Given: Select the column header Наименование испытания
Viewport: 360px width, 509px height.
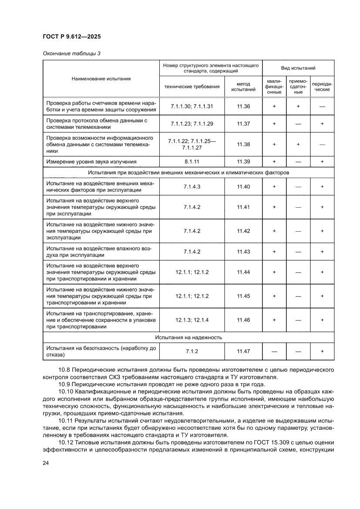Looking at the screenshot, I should click(x=101, y=79).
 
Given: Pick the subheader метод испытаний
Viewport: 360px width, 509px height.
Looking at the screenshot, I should click(x=243, y=86).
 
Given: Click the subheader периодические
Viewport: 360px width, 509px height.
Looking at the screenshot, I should click(x=322, y=86).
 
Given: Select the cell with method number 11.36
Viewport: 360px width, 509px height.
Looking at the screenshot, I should click(x=243, y=106).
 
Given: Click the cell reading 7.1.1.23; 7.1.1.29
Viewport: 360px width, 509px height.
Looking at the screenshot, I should click(x=192, y=124).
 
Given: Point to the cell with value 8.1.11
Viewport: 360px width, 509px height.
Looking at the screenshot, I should click(x=192, y=162).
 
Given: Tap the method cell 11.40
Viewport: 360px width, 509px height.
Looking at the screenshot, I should click(x=243, y=186).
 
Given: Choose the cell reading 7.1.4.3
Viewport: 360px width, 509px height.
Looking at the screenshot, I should click(x=192, y=186).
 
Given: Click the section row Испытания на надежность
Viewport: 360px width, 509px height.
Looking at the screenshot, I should click(x=188, y=337).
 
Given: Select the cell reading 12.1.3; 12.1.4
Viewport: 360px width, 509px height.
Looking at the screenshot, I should click(x=192, y=320).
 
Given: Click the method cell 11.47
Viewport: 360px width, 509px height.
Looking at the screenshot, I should click(x=243, y=351).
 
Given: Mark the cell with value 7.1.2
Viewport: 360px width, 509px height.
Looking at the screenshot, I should click(x=192, y=351).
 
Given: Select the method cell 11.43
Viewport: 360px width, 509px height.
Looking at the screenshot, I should click(x=243, y=251).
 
